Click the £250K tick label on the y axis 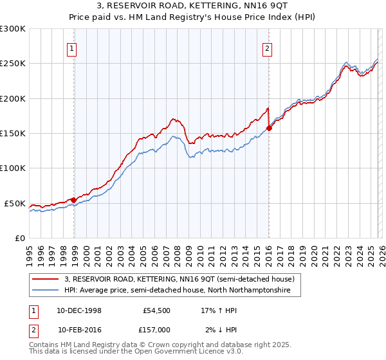tap(13, 64)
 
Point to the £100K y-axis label tap(13, 168)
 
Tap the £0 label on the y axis tap(21, 238)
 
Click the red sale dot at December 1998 tap(73, 200)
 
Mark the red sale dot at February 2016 tap(269, 128)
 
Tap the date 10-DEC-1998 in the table tap(79, 310)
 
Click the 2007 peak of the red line tap(173, 119)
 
